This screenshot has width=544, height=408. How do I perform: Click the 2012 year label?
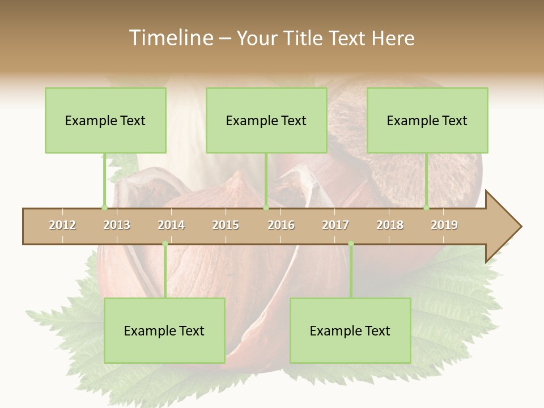click(62, 225)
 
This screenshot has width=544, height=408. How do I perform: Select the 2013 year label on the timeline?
click(117, 225)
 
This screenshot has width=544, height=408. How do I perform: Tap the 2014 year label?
click(171, 225)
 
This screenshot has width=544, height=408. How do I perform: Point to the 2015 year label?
click(226, 225)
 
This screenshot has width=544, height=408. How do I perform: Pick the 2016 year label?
click(281, 225)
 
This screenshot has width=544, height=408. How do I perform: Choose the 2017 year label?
click(335, 225)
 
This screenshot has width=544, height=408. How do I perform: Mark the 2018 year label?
click(390, 225)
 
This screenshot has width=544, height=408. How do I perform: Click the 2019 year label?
click(444, 225)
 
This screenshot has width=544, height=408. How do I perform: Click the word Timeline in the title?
click(170, 38)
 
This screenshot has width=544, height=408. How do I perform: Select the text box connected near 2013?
click(105, 120)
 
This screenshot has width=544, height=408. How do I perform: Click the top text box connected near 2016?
click(266, 120)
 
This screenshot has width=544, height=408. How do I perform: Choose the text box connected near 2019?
click(427, 120)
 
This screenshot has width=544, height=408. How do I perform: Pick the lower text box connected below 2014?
click(164, 330)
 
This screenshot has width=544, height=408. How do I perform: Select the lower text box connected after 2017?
click(350, 330)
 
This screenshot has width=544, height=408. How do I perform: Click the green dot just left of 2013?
click(104, 207)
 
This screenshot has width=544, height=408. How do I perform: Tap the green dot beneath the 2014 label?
click(165, 244)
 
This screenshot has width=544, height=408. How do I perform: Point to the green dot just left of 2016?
click(266, 207)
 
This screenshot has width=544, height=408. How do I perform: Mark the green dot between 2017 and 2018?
click(351, 244)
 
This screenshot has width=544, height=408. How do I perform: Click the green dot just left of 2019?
click(427, 207)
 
